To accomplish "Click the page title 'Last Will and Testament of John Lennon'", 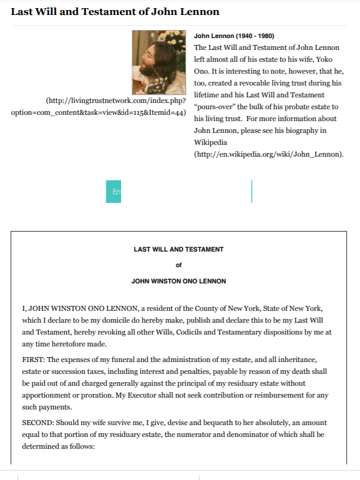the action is click(x=115, y=12).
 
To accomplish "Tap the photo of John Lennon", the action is click(x=158, y=62).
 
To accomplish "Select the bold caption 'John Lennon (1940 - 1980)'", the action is click(x=234, y=36).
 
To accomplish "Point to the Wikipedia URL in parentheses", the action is click(x=269, y=154).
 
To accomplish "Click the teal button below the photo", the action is click(x=114, y=192).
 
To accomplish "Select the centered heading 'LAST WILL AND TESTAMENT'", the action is click(x=178, y=250).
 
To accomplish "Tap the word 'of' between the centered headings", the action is click(x=179, y=265).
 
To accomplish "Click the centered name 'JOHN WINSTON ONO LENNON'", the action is click(x=178, y=282).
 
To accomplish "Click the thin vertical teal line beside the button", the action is click(x=251, y=192).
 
